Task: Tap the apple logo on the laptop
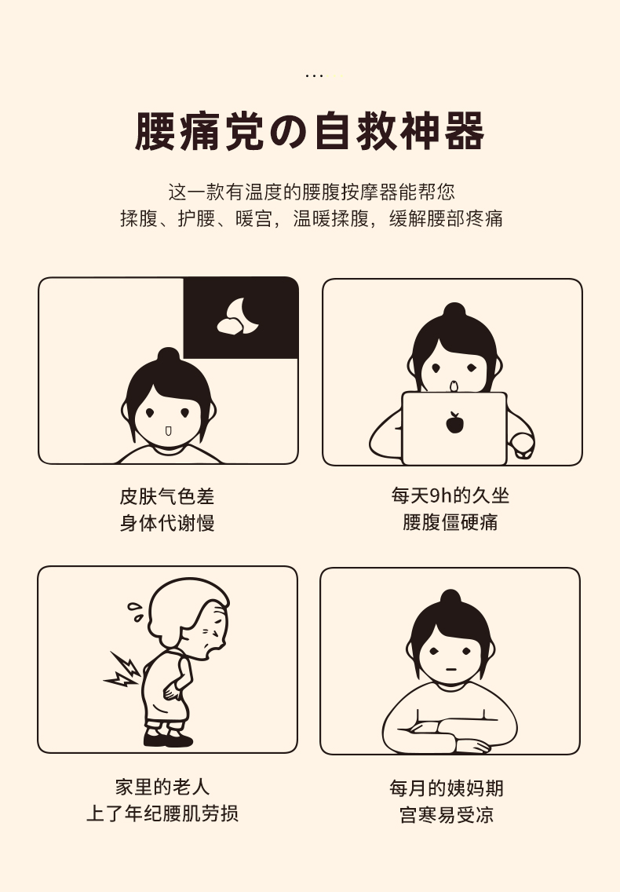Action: coord(454,422)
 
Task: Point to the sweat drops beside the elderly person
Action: coord(135,612)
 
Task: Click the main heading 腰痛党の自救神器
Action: coord(309,131)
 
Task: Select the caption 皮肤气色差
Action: coord(166,496)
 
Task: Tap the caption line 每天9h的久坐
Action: coord(450,495)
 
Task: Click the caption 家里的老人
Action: coord(162,787)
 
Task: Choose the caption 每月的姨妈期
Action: coord(447,788)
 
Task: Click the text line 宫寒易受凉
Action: coord(447,814)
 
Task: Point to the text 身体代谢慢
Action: coord(166,523)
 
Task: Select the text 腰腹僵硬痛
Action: coord(450,521)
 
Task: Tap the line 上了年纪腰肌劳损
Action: coord(162,813)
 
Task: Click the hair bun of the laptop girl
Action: coord(454,311)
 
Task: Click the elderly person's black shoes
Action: coord(169,738)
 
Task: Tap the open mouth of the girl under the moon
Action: coord(168,430)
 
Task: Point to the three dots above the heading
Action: coord(314,75)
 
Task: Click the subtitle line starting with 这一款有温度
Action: coord(311,192)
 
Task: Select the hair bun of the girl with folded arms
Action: coord(450,598)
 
